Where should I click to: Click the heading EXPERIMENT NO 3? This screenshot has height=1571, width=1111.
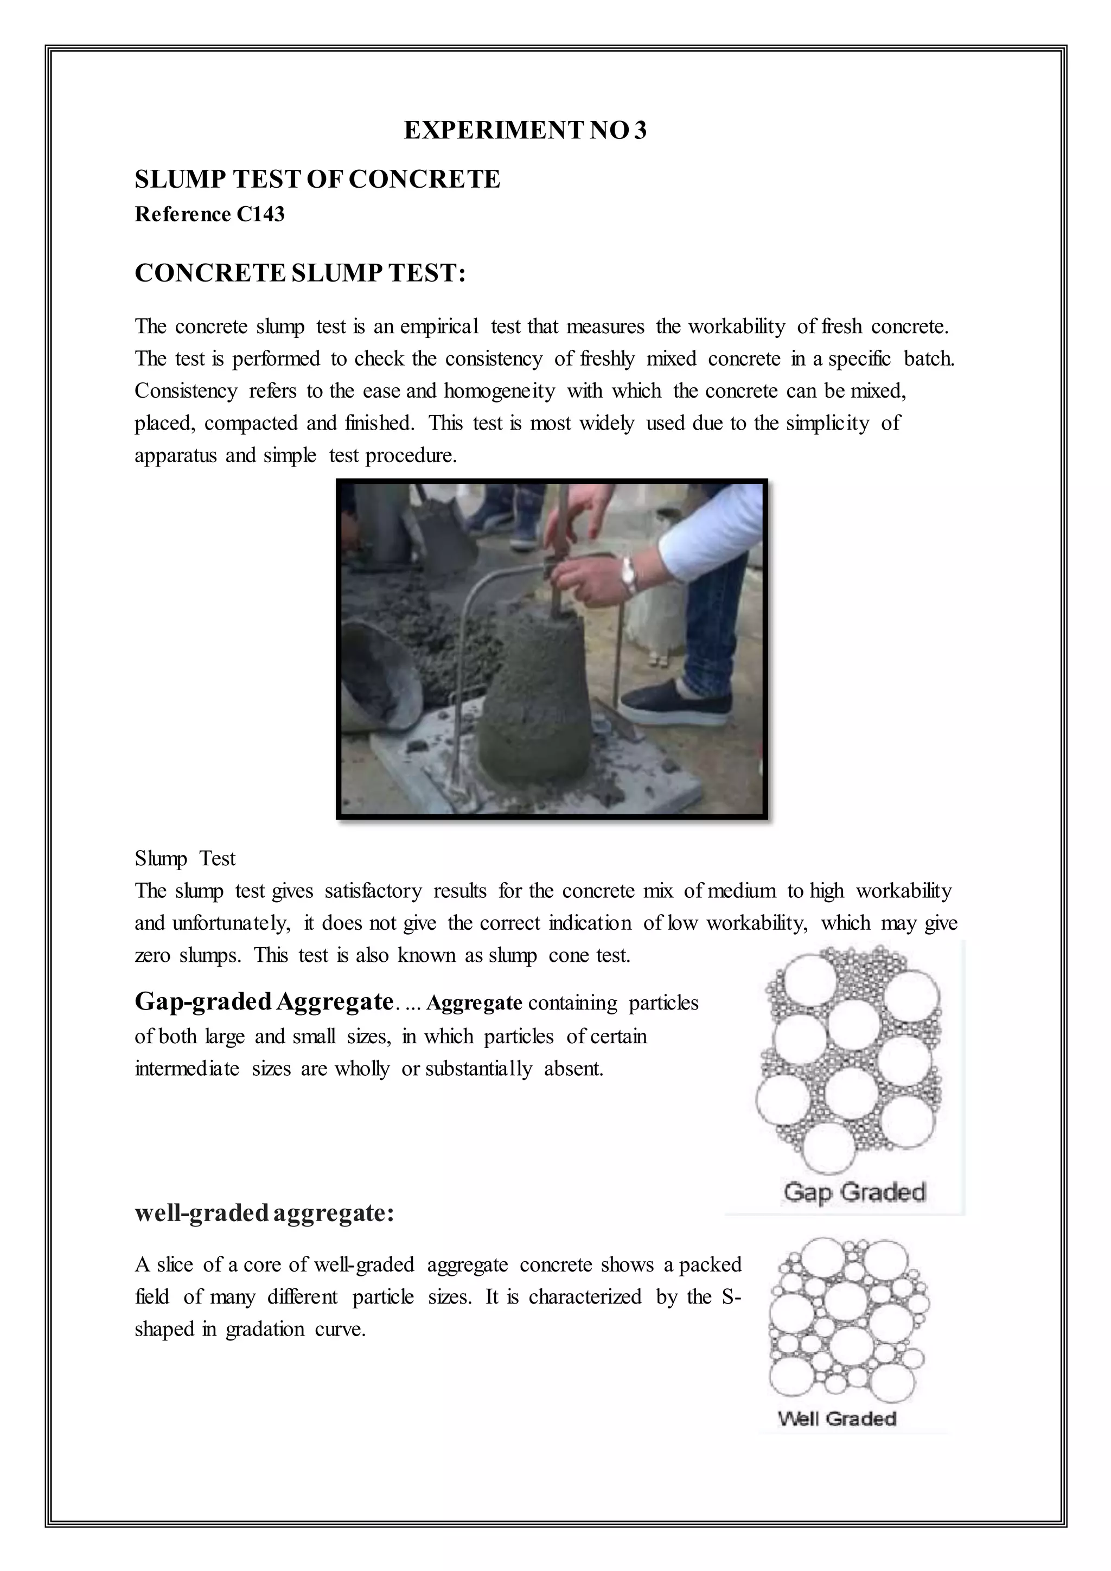525,130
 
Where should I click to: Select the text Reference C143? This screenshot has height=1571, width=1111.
209,214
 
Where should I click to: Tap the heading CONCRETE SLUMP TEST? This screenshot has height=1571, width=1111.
299,273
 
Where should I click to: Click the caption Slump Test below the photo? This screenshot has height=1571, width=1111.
184,858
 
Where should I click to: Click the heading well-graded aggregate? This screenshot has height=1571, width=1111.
264,1212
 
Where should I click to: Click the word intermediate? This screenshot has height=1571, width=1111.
187,1068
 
